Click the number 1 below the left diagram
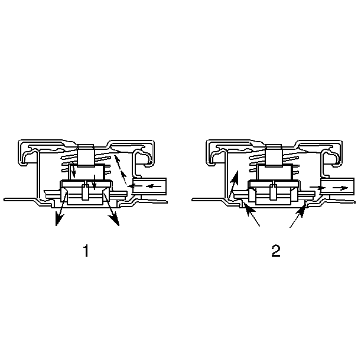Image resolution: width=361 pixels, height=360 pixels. pyautogui.click(x=86, y=251)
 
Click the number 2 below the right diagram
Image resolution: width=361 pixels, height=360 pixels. pyautogui.click(x=276, y=251)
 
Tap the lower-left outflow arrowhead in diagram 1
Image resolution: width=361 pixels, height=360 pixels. pyautogui.click(x=59, y=220)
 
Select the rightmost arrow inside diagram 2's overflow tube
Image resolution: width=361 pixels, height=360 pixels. pyautogui.click(x=340, y=188)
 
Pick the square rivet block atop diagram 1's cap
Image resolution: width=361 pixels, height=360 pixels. pyautogui.click(x=86, y=155)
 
